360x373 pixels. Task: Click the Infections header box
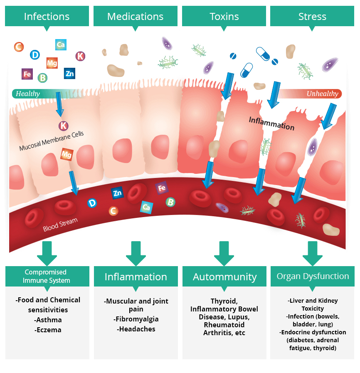(47, 17)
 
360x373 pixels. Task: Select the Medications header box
(135, 17)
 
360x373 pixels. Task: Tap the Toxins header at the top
(224, 17)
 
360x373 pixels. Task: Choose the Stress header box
(312, 17)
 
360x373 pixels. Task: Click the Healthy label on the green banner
(28, 94)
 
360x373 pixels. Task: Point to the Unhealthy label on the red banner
(322, 94)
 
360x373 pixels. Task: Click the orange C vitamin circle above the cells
(19, 47)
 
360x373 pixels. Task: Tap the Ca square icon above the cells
(61, 44)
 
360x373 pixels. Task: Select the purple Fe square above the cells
(27, 74)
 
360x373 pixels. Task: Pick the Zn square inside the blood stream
(117, 193)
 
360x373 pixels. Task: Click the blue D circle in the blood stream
(92, 203)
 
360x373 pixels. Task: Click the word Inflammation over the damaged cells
(271, 123)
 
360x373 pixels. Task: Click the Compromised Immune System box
(47, 276)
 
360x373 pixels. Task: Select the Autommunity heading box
(224, 277)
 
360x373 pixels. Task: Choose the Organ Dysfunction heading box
(313, 276)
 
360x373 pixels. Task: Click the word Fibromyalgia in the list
(136, 319)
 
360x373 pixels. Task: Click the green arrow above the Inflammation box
(136, 252)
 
